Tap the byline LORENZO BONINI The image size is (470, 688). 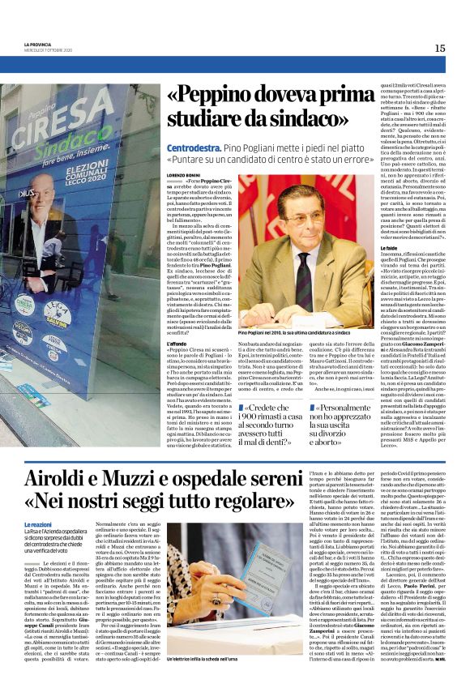[183, 174]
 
